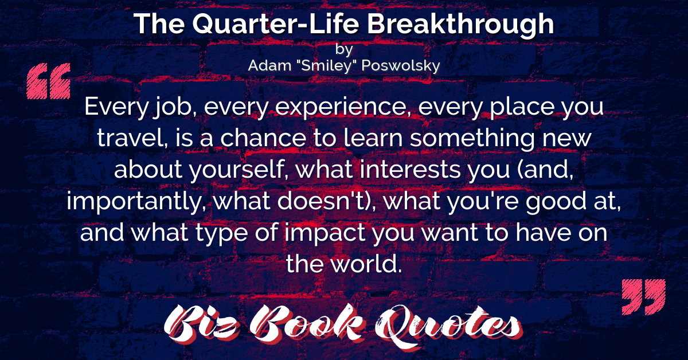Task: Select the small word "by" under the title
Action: [344, 49]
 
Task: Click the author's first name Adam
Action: [269, 65]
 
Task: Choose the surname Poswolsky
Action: [401, 66]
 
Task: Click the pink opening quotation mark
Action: [49, 81]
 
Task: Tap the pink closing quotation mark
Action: [644, 297]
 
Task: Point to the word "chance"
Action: [263, 139]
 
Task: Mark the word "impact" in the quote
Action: [325, 233]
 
